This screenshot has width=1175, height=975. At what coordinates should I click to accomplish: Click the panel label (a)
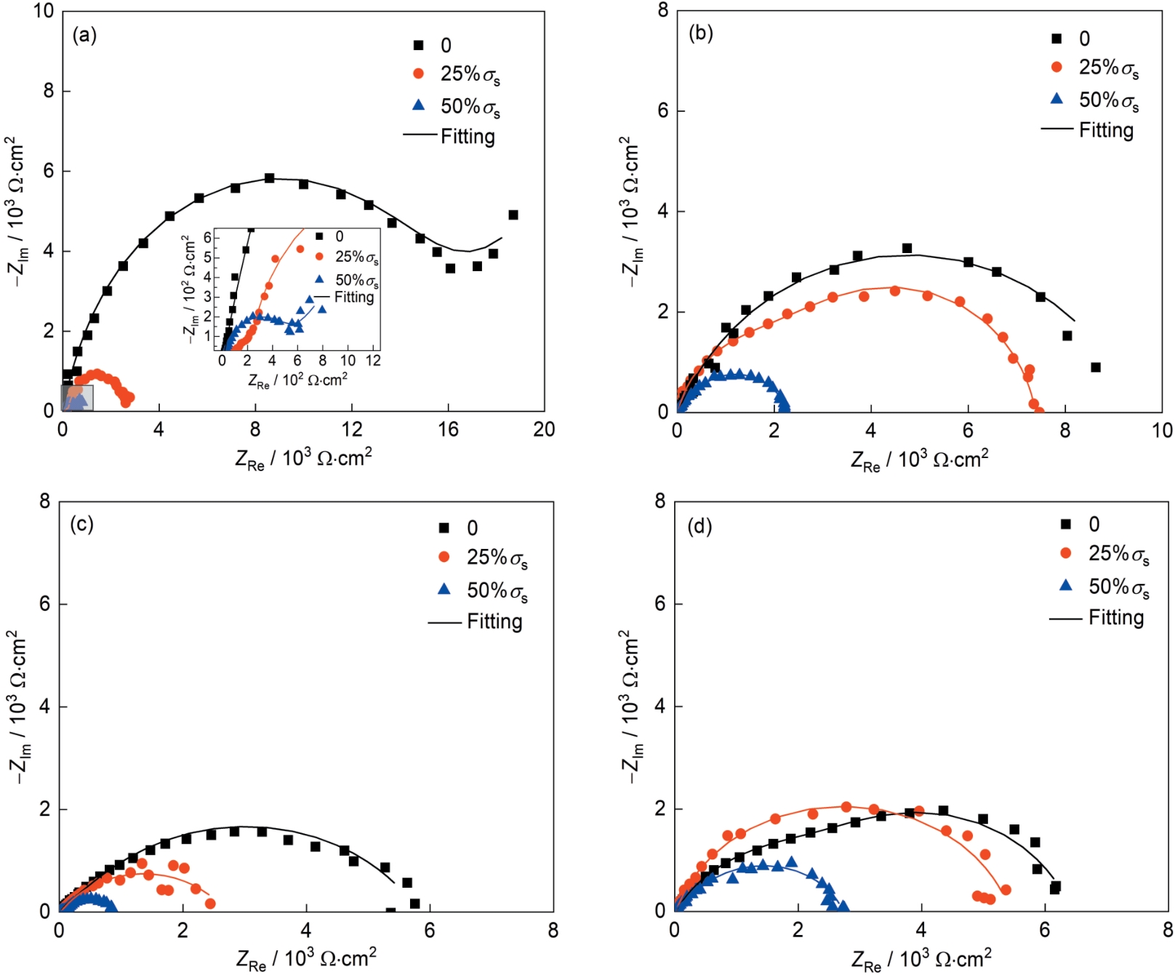pyautogui.click(x=84, y=35)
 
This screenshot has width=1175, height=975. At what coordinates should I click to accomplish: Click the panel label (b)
pyautogui.click(x=700, y=33)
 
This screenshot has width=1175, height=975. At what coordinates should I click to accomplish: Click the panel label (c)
pyautogui.click(x=81, y=523)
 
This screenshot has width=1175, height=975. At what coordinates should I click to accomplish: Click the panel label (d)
pyautogui.click(x=699, y=526)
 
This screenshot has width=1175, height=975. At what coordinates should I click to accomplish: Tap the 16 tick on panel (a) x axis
pyautogui.click(x=448, y=430)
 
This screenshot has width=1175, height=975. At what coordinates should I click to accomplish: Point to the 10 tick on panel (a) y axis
pyautogui.click(x=44, y=11)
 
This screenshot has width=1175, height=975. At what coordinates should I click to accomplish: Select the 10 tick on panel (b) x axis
pyautogui.click(x=1162, y=430)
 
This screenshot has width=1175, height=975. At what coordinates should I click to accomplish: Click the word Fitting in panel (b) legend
pyautogui.click(x=1106, y=130)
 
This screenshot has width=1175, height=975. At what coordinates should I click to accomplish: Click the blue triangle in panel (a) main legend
pyautogui.click(x=419, y=105)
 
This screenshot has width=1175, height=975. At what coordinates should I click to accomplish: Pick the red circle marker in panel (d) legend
pyautogui.click(x=1066, y=553)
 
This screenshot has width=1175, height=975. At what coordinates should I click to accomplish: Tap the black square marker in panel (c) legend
pyautogui.click(x=444, y=527)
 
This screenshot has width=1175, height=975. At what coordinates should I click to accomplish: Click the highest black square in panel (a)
pyautogui.click(x=269, y=178)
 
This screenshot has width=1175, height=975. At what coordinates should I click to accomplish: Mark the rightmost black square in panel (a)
pyautogui.click(x=513, y=214)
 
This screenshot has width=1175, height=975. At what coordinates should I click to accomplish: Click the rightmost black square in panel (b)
pyautogui.click(x=1096, y=367)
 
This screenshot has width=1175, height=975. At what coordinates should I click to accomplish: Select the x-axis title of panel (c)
pyautogui.click(x=306, y=958)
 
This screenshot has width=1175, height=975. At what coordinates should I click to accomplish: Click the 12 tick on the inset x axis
pyautogui.click(x=373, y=361)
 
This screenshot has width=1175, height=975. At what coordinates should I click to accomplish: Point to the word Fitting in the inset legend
pyautogui.click(x=354, y=297)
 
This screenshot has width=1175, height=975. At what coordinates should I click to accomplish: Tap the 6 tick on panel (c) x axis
pyautogui.click(x=430, y=931)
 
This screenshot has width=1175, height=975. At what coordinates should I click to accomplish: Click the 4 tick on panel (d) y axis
pyautogui.click(x=659, y=706)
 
